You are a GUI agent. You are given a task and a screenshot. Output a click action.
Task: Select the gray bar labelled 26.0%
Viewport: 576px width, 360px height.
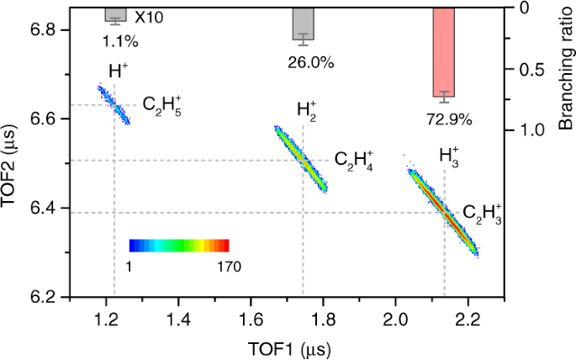(x=303, y=24)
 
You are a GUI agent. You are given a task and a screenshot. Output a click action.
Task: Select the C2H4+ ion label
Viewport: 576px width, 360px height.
(x=354, y=161)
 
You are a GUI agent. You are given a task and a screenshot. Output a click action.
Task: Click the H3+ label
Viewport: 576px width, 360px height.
(x=449, y=156)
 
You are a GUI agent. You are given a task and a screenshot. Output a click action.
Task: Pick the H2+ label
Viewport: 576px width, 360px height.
(x=306, y=110)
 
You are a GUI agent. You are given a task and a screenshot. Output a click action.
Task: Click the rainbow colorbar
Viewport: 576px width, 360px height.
(x=179, y=246)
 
